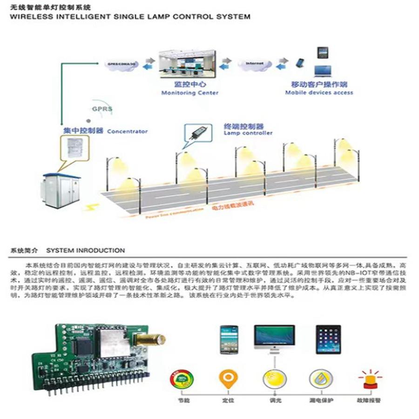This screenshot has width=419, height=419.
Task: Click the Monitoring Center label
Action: click(x=189, y=93)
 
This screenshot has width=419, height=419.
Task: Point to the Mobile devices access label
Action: click(x=319, y=93)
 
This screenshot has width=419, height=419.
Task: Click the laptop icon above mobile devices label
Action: click(x=322, y=70)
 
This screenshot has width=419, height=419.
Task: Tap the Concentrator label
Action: click(x=127, y=131)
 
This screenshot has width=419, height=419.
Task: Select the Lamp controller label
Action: click(x=248, y=133)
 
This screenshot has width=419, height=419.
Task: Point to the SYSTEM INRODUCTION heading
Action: click(x=86, y=250)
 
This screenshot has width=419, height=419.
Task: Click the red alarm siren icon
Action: click(x=371, y=378)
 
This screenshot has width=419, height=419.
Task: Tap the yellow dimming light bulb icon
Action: click(x=275, y=378)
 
